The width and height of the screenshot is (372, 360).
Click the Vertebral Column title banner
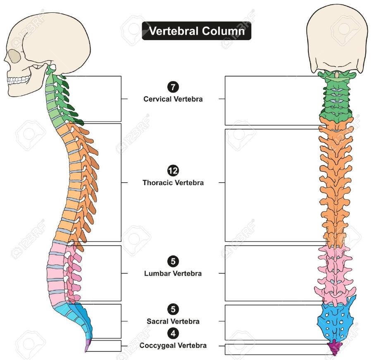click(196, 31)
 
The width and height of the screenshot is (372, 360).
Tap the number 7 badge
click(173, 87)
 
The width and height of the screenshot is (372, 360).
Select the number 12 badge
click(173, 170)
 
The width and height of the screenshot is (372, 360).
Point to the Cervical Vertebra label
click(173, 99)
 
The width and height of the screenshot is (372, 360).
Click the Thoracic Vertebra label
click(173, 182)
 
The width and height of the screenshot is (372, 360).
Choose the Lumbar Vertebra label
click(173, 273)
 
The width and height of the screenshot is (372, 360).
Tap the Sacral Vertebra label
click(173, 321)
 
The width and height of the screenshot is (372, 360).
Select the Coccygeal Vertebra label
click(173, 345)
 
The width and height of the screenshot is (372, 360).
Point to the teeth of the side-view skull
click(19, 79)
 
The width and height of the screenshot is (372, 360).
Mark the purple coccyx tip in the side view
click(88, 346)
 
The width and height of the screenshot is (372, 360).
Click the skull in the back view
click(336, 39)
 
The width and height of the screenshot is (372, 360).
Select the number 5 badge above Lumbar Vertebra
click(173, 261)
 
